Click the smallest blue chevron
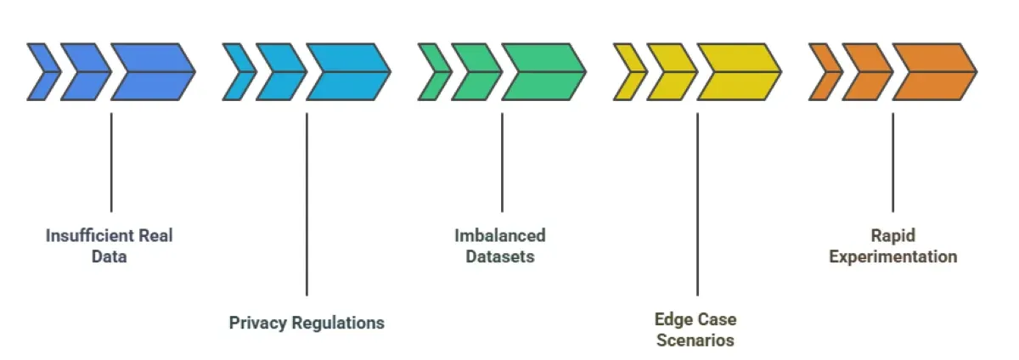tap(41, 72)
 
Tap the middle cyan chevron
tap(279, 72)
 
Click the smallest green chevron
tap(432, 72)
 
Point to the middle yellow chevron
tap(670, 72)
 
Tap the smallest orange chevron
tap(823, 72)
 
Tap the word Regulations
tap(338, 323)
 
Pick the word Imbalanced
tap(499, 235)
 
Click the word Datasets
tap(499, 256)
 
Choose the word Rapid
tap(892, 235)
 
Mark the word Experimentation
tap(892, 256)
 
